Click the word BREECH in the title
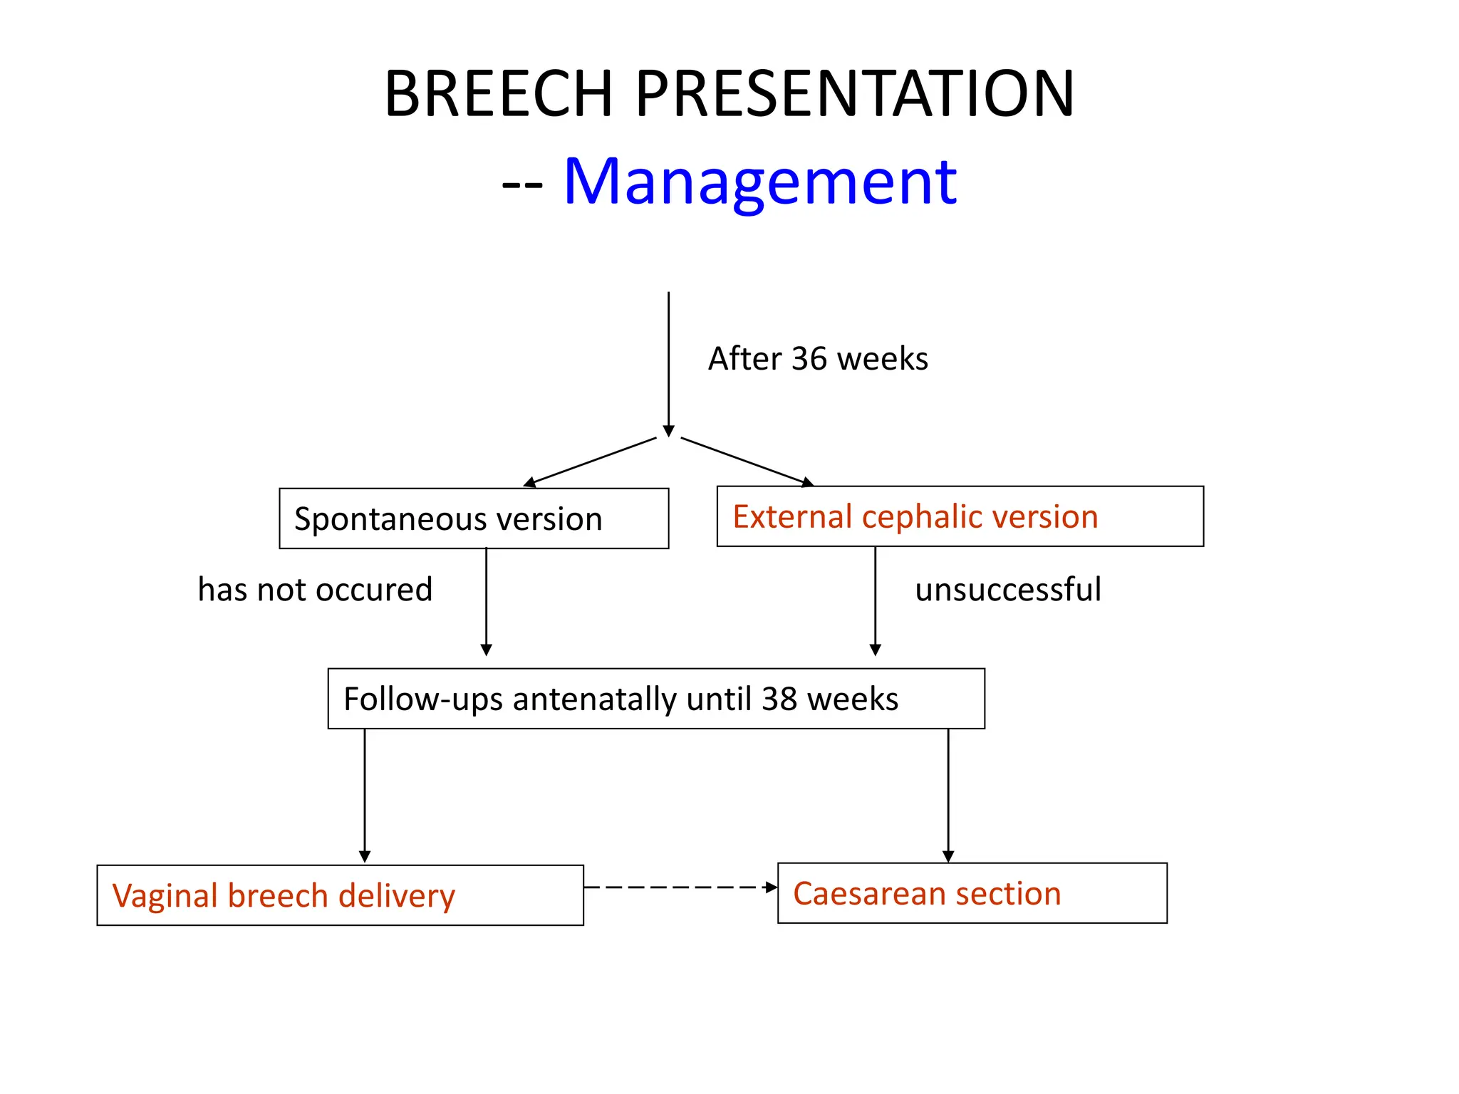coord(499,94)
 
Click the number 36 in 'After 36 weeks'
coord(809,359)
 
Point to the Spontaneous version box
coord(474,519)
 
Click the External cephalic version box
coord(960,516)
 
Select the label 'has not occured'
coord(315,590)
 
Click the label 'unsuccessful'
coord(1007,590)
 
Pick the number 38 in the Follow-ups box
coord(779,699)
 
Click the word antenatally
coord(593,699)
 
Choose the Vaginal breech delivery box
coord(340,895)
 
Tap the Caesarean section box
coord(972,893)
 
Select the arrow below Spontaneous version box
coord(487,602)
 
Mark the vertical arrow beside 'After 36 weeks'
coord(668,363)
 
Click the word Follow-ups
coord(392,699)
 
